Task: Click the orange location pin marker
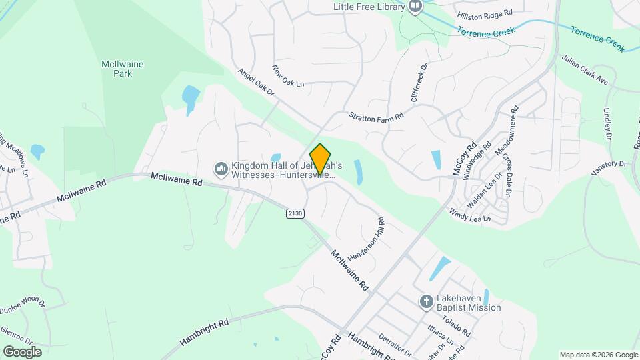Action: coord(321,159)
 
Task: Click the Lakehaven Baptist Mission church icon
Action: coord(427,303)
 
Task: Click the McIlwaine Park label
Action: coord(123,69)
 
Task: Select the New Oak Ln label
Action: coord(288,75)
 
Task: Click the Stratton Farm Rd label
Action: coord(377,116)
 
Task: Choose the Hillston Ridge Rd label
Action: coord(485,13)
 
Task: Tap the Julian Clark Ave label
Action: coord(585,70)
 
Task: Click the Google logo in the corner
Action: coord(21,351)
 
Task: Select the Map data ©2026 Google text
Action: coord(599,355)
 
